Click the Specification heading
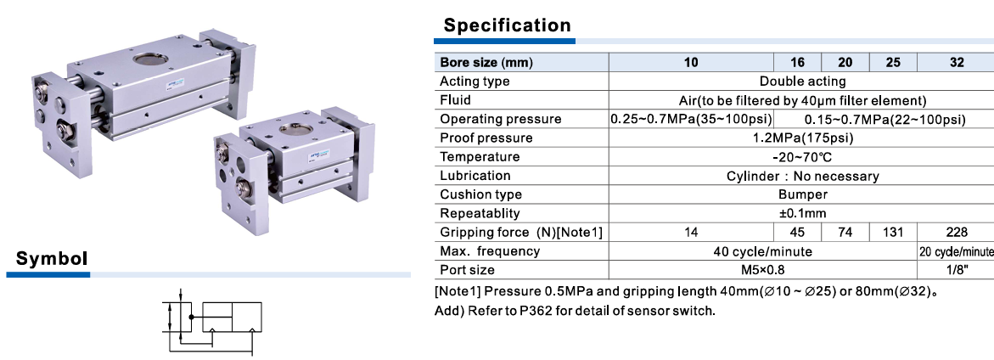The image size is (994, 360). pyautogui.click(x=507, y=25)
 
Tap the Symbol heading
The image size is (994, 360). pyautogui.click(x=51, y=259)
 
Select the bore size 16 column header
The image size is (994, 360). pyautogui.click(x=797, y=62)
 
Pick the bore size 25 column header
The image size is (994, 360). pyautogui.click(x=893, y=62)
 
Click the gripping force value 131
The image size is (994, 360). pyautogui.click(x=893, y=232)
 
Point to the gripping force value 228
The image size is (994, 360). pyautogui.click(x=957, y=232)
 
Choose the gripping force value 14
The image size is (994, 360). pyautogui.click(x=691, y=232)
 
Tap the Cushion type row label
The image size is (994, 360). pyautogui.click(x=481, y=194)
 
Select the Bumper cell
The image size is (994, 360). pyautogui.click(x=802, y=194)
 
